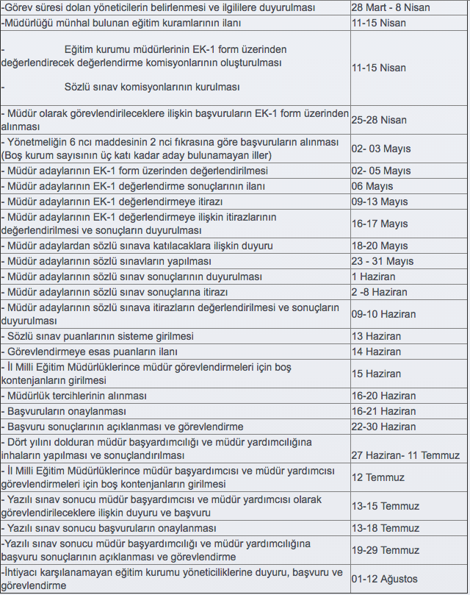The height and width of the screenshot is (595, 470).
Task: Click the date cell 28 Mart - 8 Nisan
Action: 390,7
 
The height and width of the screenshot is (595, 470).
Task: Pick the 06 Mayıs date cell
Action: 373,186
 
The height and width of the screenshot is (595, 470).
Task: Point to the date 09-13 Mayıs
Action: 379,202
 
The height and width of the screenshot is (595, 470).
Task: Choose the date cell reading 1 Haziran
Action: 373,277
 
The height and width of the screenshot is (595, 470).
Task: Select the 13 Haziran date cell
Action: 376,336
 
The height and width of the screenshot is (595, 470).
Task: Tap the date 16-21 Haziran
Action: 383,411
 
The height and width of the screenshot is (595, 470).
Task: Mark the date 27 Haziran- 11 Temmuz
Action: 405,455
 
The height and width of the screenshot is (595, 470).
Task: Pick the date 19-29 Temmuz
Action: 385,550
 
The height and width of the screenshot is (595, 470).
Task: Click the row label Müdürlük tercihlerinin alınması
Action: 77,396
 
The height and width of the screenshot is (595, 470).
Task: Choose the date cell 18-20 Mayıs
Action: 379,246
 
